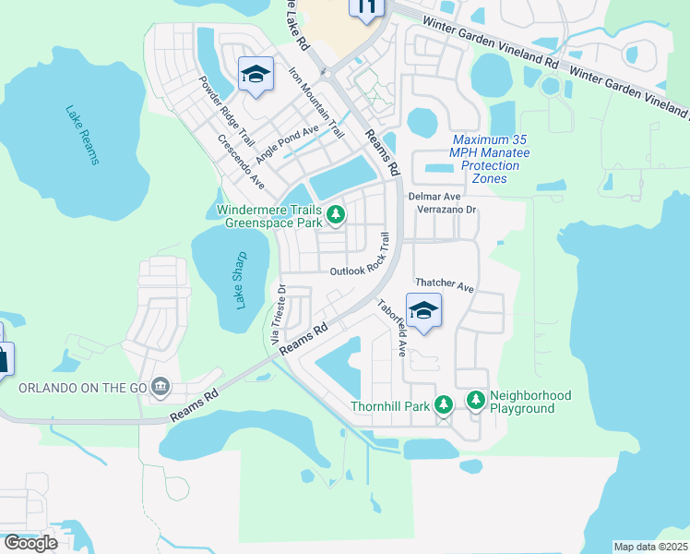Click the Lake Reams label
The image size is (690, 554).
(82, 136)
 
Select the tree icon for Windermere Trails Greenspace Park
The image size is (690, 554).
(337, 216)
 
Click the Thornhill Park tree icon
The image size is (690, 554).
(444, 404)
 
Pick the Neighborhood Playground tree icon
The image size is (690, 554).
(476, 400)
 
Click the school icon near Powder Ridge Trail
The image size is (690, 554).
(255, 74)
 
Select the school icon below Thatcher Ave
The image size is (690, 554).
(423, 309)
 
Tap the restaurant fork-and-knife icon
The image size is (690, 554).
(365, 7)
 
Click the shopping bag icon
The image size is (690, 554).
(3, 358)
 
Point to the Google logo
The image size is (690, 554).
(30, 542)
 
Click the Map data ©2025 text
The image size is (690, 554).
(650, 547)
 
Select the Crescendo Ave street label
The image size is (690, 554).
(242, 163)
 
